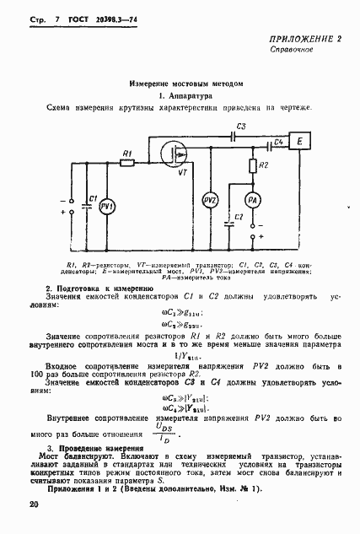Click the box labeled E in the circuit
(x=300, y=144)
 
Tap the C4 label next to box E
(x=277, y=143)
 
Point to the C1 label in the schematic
(x=94, y=197)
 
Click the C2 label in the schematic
(x=239, y=218)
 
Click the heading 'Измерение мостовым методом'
(x=180, y=84)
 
